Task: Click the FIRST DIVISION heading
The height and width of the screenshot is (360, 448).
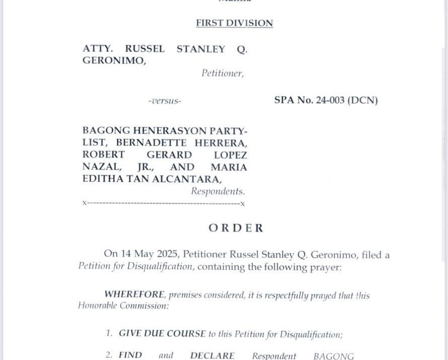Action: pos(234,23)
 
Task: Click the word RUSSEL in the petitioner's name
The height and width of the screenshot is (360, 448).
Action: pos(144,49)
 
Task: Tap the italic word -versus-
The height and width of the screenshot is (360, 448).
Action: pos(165,101)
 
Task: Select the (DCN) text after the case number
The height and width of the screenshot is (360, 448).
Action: pos(362,100)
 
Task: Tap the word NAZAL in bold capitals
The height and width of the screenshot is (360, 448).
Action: pos(96,167)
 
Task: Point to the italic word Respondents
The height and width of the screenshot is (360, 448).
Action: pos(217,191)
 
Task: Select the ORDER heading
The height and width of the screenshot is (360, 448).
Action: pos(236,228)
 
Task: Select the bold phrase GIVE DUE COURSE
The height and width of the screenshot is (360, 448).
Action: pos(162,334)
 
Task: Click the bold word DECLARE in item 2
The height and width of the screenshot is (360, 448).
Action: pos(212,356)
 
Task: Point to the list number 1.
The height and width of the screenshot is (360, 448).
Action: pos(109,334)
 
